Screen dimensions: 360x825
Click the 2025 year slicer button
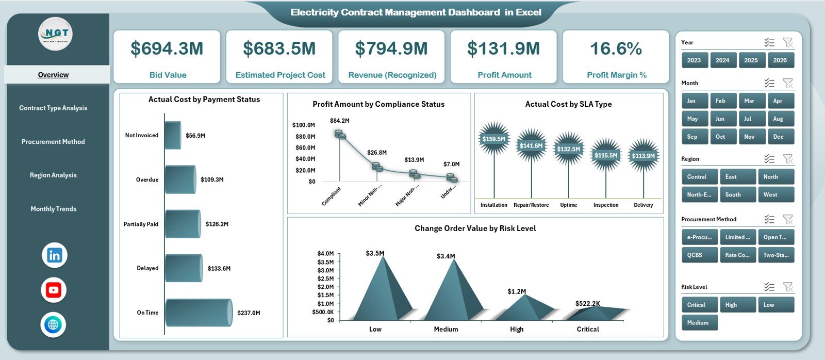[x=751, y=60]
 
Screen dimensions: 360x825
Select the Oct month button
[x=720, y=137]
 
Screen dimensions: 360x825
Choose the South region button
[x=737, y=194]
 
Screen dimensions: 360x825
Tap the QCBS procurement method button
[x=699, y=255]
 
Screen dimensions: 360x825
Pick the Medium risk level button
[x=699, y=323]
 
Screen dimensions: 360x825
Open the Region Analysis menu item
[x=53, y=175]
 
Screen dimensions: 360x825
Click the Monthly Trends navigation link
[x=53, y=209]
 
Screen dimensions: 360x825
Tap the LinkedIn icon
[x=54, y=255]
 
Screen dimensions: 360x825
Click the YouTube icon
[x=54, y=290]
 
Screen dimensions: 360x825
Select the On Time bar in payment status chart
[x=199, y=313]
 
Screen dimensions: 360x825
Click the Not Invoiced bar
[x=173, y=135]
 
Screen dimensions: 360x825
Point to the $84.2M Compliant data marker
[x=339, y=134]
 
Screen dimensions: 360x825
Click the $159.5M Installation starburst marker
[x=493, y=139]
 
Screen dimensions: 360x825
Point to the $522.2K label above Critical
[x=587, y=303]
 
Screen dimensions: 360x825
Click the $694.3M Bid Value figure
[x=167, y=48]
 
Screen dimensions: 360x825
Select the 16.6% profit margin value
[x=616, y=48]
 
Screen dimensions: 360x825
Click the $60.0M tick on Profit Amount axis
[x=304, y=148]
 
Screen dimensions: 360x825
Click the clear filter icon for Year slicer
[x=787, y=42]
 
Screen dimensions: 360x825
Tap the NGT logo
[x=55, y=34]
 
